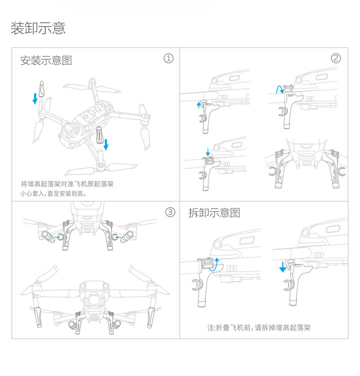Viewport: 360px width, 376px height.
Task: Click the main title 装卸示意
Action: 38,28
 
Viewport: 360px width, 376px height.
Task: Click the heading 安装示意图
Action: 46,60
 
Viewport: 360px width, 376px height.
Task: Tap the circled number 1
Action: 169,58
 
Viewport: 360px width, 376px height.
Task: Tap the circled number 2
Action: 336,58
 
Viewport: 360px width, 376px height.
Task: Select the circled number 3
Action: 170,212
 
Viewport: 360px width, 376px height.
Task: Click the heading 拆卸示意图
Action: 214,213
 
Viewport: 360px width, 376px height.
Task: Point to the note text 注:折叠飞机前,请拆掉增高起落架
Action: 259,328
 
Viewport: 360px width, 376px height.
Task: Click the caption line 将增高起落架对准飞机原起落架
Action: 67,184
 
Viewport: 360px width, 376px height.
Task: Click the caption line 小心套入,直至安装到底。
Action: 53,194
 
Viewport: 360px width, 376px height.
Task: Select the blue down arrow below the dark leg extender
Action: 106,144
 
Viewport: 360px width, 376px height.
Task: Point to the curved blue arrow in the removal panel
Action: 214,263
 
